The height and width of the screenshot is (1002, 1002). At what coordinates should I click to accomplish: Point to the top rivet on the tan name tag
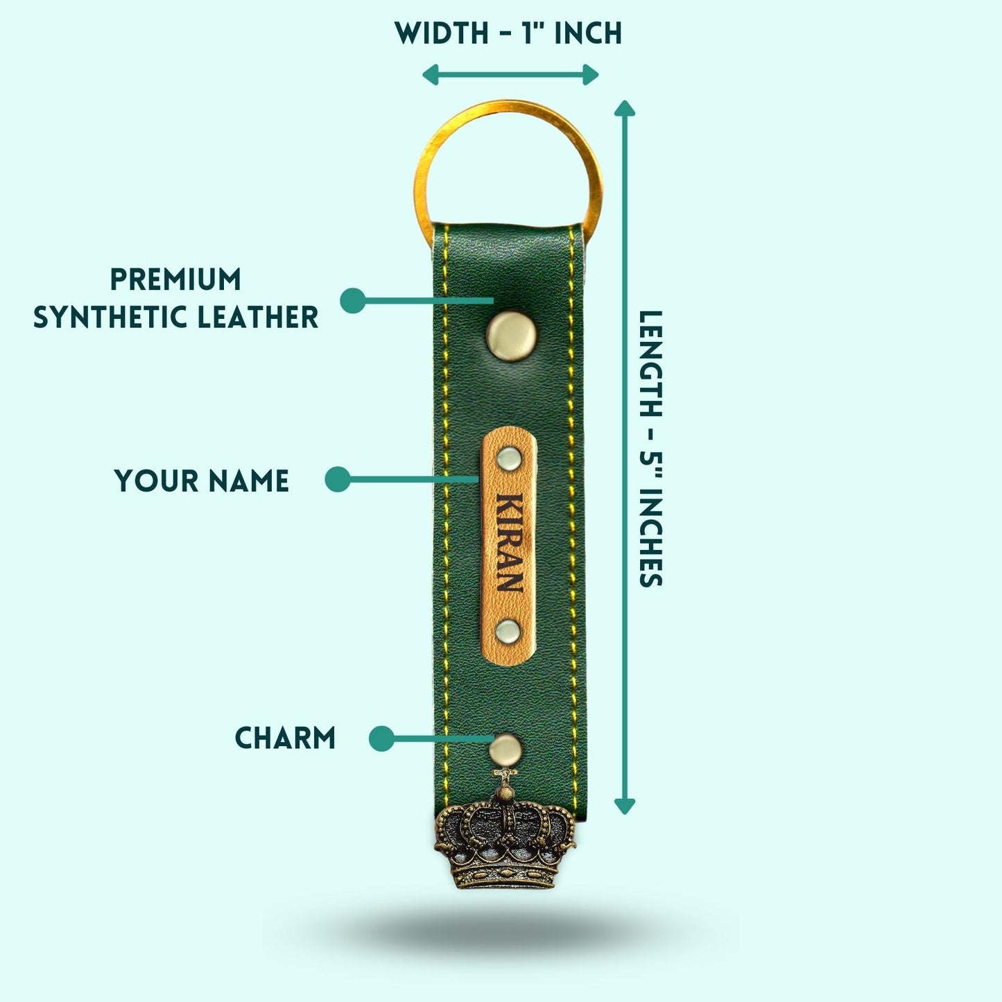[x=509, y=457]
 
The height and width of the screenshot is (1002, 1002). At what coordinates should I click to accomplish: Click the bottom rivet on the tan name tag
[x=508, y=631]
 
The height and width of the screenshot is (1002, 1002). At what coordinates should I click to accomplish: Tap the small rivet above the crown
[x=504, y=749]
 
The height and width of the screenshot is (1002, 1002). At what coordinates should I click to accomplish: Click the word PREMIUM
[x=175, y=280]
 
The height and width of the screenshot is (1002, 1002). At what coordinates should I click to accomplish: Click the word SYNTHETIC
[x=111, y=318]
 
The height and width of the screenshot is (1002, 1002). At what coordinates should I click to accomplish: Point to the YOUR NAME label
[x=201, y=481]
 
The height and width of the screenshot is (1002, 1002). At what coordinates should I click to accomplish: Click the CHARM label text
[x=284, y=738]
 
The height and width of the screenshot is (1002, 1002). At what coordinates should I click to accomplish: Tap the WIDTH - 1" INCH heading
[x=508, y=33]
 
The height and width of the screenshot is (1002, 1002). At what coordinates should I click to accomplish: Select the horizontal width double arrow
[x=510, y=74]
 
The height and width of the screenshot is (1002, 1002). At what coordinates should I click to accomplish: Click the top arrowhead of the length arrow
[x=625, y=107]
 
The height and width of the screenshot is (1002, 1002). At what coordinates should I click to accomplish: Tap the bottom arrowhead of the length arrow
[x=625, y=806]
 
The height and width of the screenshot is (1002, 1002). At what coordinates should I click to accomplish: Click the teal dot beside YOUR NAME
[x=338, y=479]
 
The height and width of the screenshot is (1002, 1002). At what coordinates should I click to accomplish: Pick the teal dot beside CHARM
[x=381, y=738]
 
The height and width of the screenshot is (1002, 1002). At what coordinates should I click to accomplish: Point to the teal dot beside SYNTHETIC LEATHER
[x=353, y=300]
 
